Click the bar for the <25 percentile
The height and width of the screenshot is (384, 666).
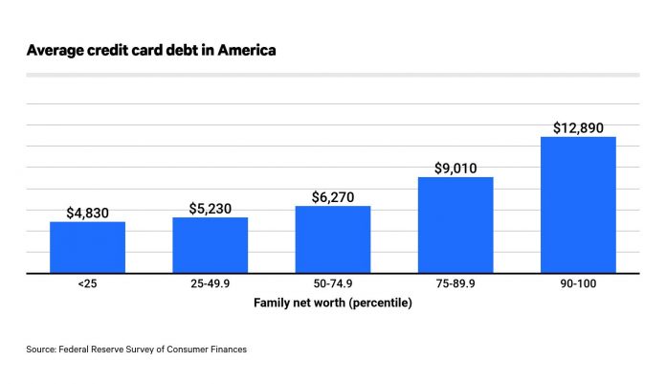pos(88,247)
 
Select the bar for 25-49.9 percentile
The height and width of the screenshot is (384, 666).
pos(211,245)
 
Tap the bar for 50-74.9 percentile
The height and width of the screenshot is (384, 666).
pos(333,239)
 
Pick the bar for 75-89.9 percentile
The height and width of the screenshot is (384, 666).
pos(455,225)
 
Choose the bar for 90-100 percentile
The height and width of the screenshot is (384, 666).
pos(578,205)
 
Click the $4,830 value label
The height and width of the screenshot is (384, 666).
pos(88,213)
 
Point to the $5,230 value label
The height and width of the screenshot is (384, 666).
pos(211,208)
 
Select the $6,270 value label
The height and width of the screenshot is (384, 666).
pos(333,196)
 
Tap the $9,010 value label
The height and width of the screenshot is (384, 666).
pos(455,168)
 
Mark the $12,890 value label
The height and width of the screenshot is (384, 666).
pos(578,127)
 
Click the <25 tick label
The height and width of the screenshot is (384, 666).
pos(88,284)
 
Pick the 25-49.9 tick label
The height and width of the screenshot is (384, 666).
pos(211,284)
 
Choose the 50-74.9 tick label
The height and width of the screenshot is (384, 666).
pos(333,284)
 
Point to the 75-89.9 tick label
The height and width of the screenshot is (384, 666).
pos(455,284)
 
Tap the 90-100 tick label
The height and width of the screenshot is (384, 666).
pos(578,284)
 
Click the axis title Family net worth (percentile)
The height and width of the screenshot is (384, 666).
pos(333,302)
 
